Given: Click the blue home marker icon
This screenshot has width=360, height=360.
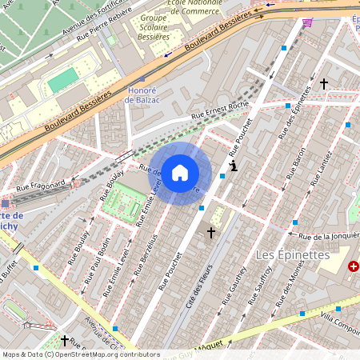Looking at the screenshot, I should pyautogui.click(x=180, y=172).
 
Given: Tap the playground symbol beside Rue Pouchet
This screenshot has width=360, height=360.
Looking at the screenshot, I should pyautogui.click(x=233, y=166).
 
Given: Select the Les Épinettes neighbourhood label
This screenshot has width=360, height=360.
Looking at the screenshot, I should pyautogui.click(x=292, y=254).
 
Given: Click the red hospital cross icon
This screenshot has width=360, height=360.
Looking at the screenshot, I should pyautogui.click(x=354, y=266).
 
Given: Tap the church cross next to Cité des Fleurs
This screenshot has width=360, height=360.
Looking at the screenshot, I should pyautogui.click(x=211, y=233).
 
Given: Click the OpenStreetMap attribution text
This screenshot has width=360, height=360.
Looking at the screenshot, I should pyautogui.click(x=81, y=354).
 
